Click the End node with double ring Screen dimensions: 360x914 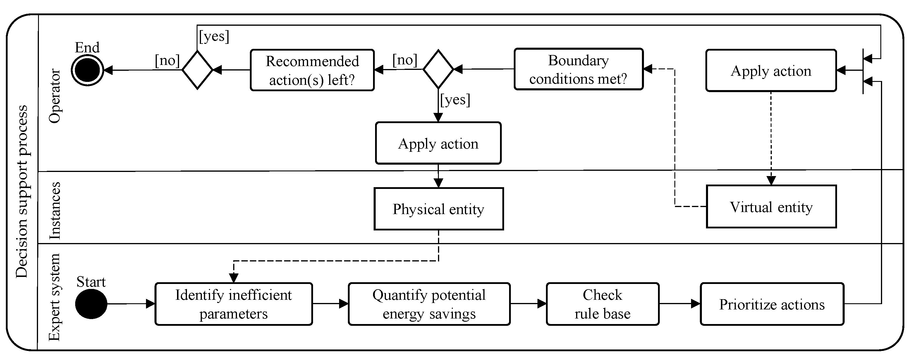(87, 70)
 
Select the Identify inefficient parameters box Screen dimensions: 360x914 (233, 304)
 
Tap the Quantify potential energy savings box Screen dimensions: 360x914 (429, 304)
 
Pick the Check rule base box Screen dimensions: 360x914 (602, 304)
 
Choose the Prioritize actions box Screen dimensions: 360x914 (772, 304)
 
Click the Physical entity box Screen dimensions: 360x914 (439, 209)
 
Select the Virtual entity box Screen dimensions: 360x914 (771, 206)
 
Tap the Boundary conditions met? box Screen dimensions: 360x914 (578, 69)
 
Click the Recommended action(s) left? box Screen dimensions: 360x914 (312, 70)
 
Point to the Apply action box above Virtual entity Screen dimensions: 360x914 (771, 70)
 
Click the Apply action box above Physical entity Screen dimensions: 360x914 (438, 143)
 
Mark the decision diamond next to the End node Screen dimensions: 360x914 (197, 70)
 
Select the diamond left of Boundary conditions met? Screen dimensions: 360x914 (438, 69)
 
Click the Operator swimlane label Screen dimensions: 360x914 (55, 96)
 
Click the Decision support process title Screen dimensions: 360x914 (22, 192)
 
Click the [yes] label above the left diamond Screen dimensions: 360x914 (214, 36)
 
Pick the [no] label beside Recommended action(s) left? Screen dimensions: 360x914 (405, 60)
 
